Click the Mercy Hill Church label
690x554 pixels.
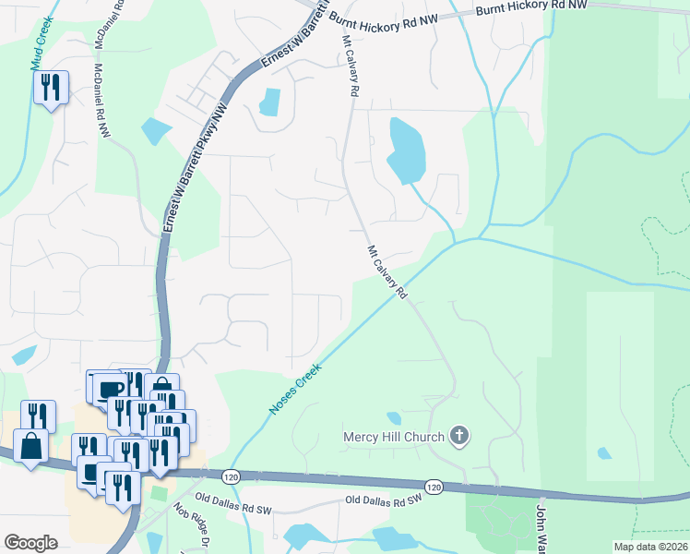[394, 436]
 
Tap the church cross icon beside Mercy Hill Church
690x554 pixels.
[459, 436]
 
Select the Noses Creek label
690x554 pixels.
[295, 389]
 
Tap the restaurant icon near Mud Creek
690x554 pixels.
[51, 88]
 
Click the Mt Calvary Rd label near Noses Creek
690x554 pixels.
[387, 271]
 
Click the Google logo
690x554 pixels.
[30, 543]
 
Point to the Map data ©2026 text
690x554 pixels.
[650, 547]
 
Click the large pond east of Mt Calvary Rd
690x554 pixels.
[405, 150]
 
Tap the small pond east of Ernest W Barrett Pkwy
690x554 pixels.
[269, 101]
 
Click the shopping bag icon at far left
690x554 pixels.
[31, 447]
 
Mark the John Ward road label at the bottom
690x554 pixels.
[542, 526]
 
